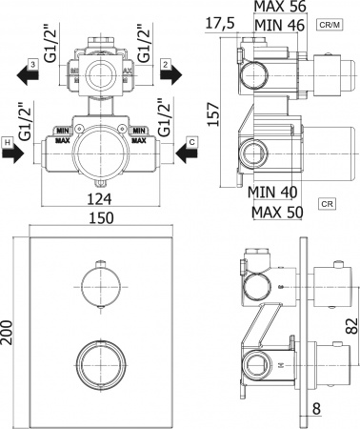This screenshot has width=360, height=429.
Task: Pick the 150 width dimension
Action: pyautogui.click(x=100, y=218)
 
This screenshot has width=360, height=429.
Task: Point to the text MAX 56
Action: pyautogui.click(x=274, y=8)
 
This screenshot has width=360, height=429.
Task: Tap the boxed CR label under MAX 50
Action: pyautogui.click(x=326, y=204)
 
